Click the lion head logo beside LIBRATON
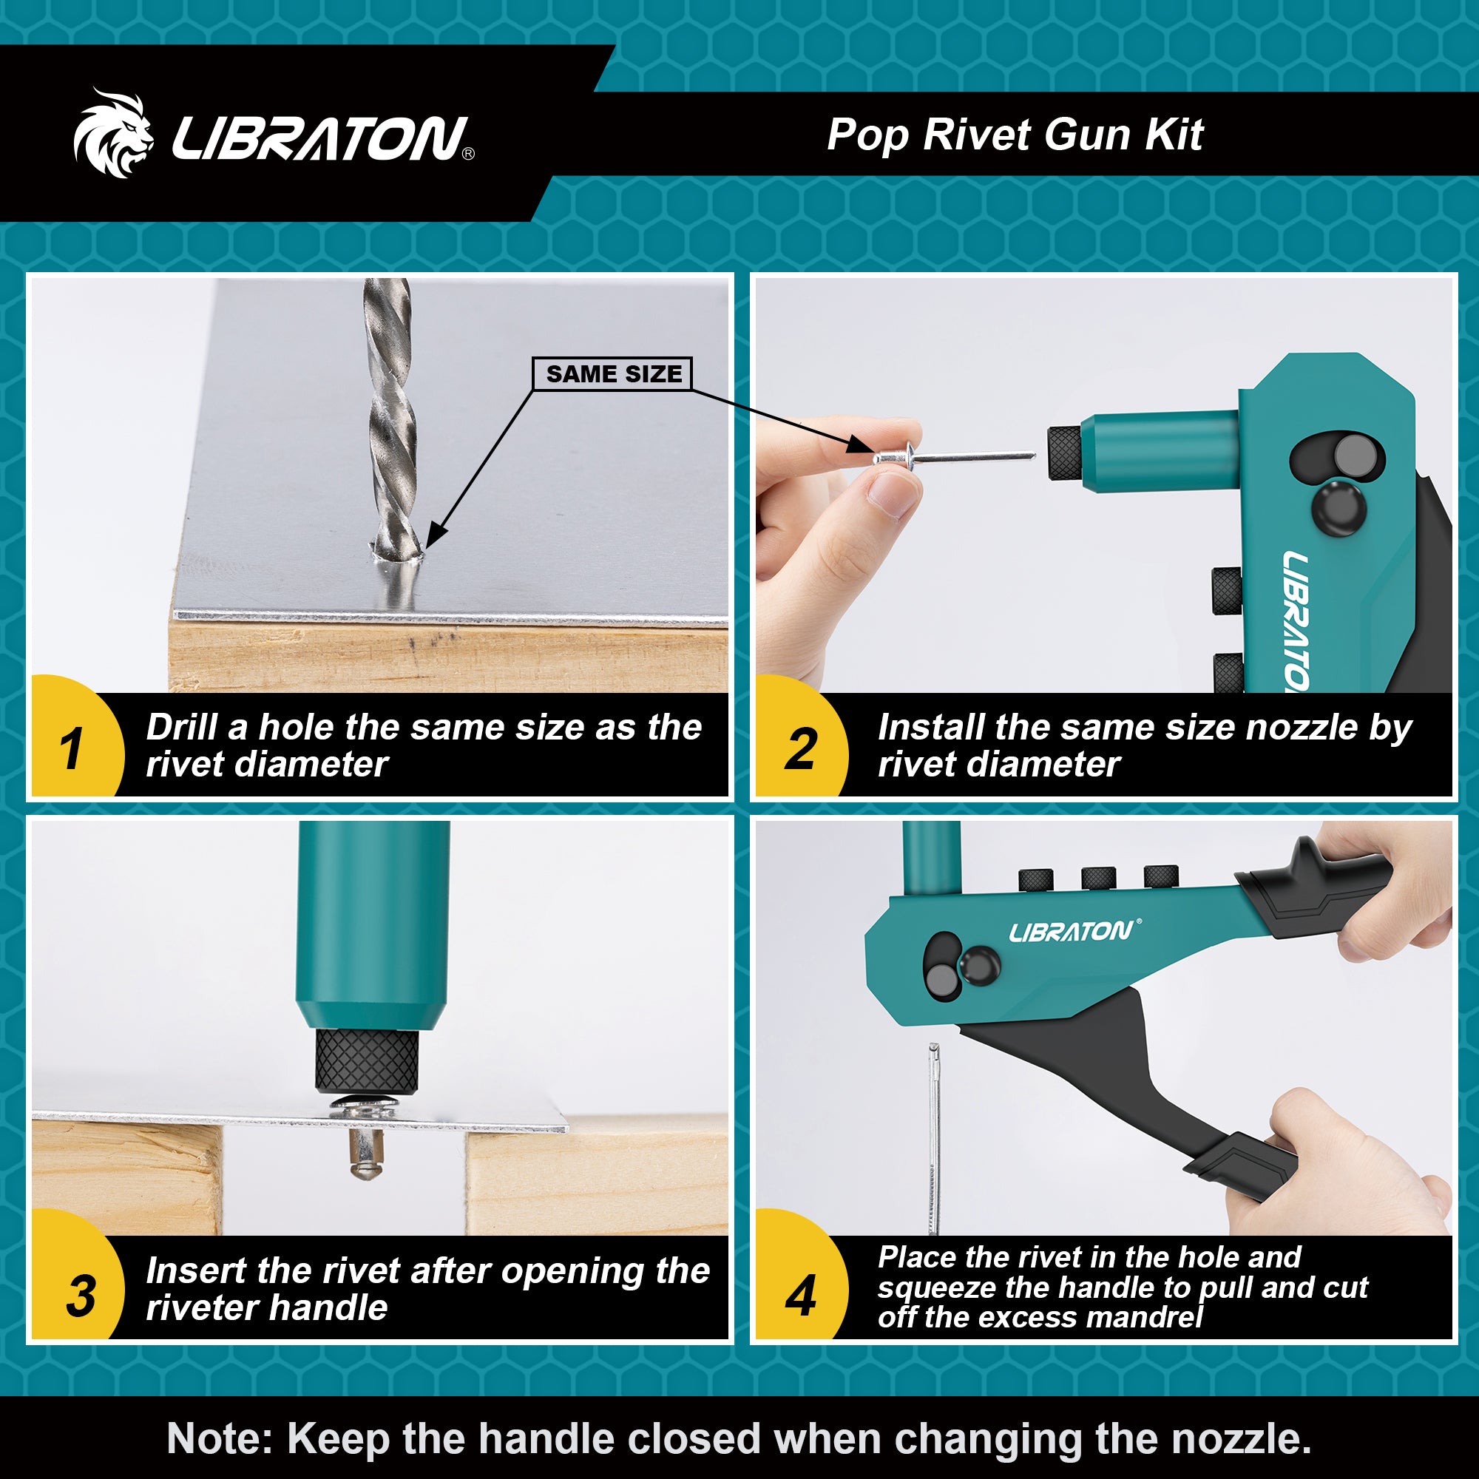pyautogui.click(x=113, y=134)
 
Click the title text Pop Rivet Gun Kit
pyautogui.click(x=1015, y=135)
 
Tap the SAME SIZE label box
pyautogui.click(x=612, y=373)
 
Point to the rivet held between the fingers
pyautogui.click(x=896, y=458)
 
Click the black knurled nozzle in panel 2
pyautogui.click(x=1063, y=453)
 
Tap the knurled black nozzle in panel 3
pyautogui.click(x=367, y=1060)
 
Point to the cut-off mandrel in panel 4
pyautogui.click(x=934, y=1133)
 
